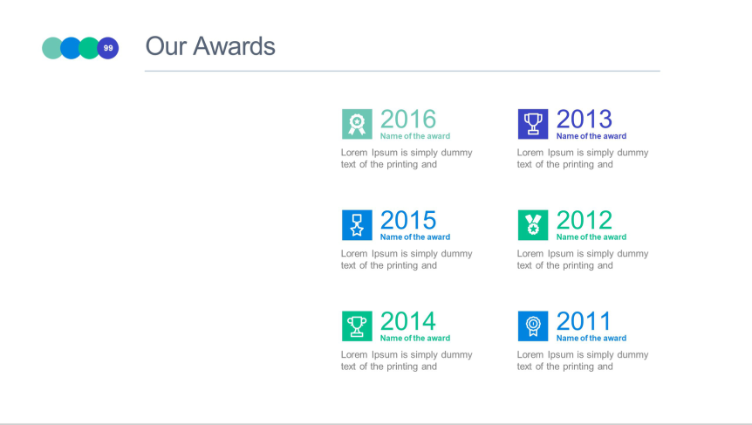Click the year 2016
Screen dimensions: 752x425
point(408,119)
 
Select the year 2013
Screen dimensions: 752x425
point(585,119)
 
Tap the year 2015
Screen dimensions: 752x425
point(408,220)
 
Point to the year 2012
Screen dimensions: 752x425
point(585,220)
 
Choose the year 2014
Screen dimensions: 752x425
point(408,321)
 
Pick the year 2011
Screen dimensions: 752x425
point(583,321)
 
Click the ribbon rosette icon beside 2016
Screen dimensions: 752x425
point(357,124)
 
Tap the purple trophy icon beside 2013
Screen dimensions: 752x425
point(533,124)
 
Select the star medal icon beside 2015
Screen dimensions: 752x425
point(357,225)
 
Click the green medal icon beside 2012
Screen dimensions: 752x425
point(533,225)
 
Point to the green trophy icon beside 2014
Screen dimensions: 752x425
point(357,326)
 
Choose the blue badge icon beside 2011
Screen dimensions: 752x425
point(533,326)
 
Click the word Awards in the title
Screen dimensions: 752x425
point(234,46)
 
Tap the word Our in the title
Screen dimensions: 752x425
point(166,46)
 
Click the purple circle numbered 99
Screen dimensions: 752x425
point(108,48)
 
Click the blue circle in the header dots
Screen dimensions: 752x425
point(70,48)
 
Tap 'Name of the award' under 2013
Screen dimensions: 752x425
point(591,136)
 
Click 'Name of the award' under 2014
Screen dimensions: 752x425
point(415,339)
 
